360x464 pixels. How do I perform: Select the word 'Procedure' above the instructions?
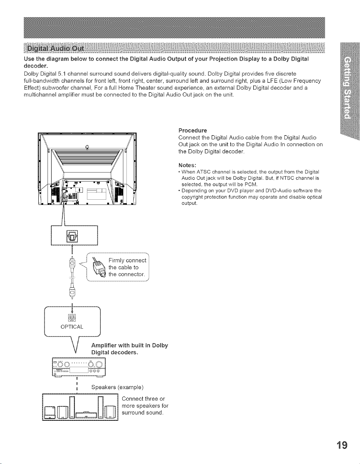[193, 130]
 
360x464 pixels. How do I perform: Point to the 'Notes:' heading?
[187, 165]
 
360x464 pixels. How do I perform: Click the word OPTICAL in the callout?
[72, 327]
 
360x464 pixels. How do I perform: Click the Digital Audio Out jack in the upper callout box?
[72, 236]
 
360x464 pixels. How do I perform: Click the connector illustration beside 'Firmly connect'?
[99, 268]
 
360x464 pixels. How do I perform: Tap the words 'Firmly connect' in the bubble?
[127, 261]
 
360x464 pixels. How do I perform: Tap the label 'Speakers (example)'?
[117, 387]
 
